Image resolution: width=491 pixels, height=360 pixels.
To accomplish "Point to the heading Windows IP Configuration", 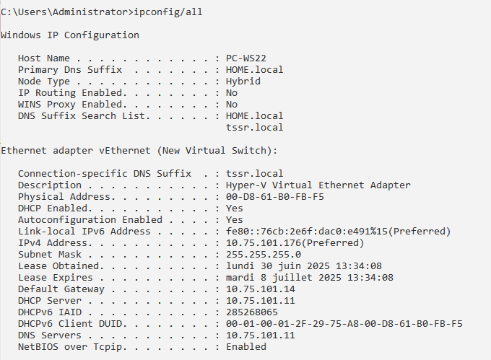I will point(70,35).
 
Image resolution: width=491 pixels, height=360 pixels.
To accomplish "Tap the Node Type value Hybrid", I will point(243,82).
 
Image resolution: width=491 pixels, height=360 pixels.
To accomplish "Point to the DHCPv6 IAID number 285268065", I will point(251,312).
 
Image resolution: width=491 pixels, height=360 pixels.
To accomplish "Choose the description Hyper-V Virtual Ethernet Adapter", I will point(318,185).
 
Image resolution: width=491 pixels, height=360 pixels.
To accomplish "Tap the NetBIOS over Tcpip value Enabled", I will point(245,347).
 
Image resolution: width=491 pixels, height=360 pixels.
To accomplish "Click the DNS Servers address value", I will point(260,335).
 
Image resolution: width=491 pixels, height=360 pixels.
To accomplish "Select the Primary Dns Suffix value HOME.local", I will point(254,70).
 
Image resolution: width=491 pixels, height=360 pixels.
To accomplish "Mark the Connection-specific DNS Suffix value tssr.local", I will point(254,174).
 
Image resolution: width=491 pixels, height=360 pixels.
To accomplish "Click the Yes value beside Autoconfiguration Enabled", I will point(234,220).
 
